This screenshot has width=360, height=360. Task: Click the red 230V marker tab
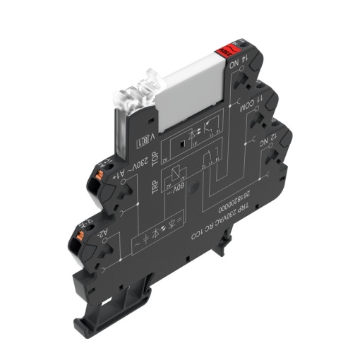click(227, 51)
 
